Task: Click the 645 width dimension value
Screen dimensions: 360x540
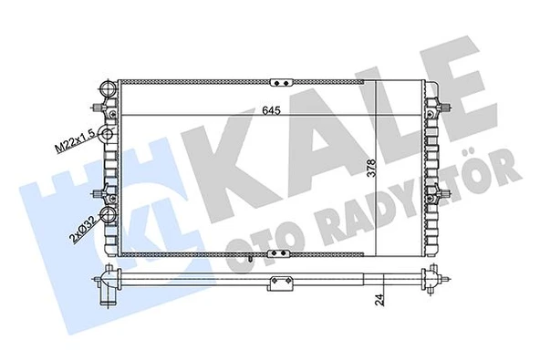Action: coord(260,108)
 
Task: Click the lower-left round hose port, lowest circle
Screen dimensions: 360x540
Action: coord(108,217)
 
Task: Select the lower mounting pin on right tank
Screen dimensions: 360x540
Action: coord(444,193)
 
